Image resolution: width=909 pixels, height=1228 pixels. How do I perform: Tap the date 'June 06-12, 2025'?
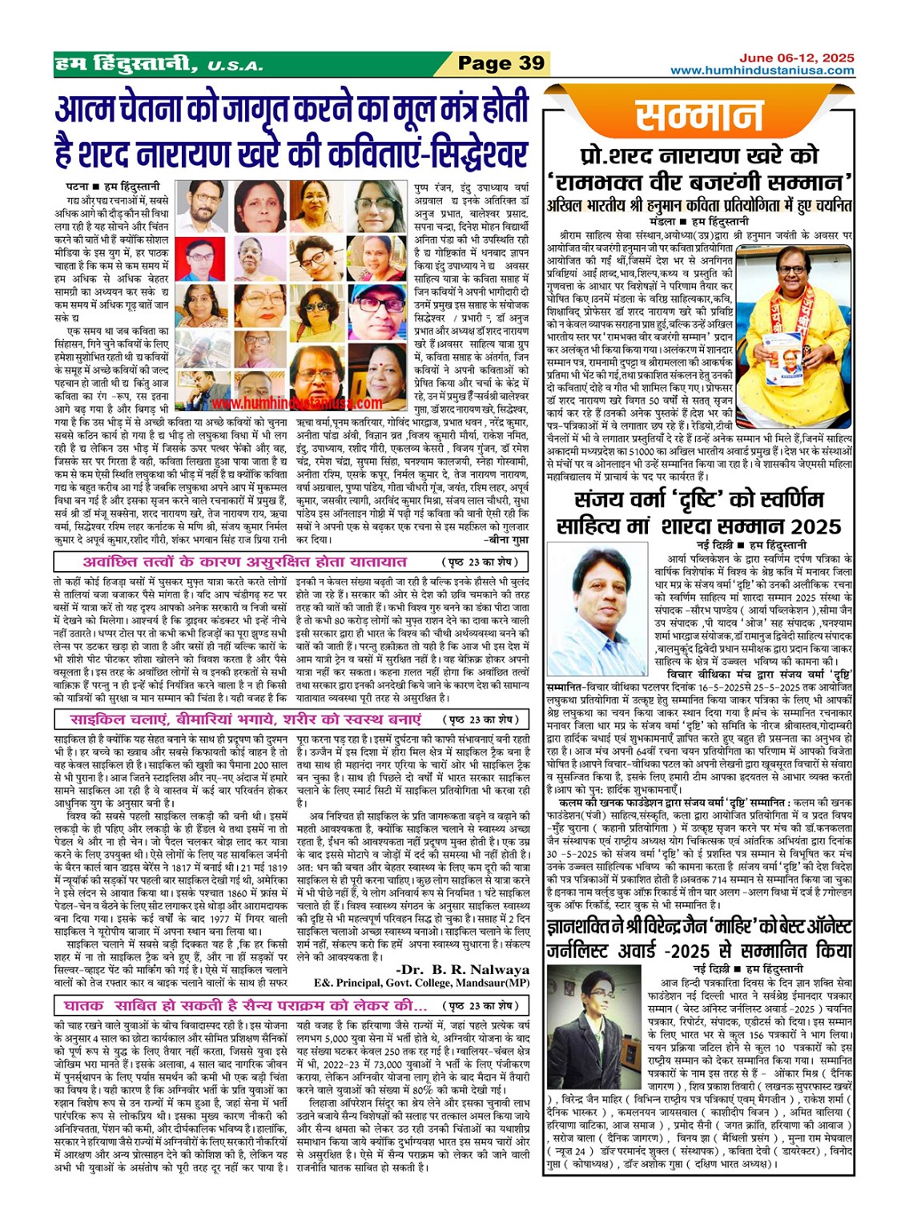tap(796, 58)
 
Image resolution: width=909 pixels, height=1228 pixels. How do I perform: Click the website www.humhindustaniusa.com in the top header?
tap(762, 70)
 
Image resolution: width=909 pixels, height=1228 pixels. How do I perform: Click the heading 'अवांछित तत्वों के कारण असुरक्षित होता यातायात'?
tap(234, 562)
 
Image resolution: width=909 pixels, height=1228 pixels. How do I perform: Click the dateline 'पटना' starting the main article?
tap(77, 186)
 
